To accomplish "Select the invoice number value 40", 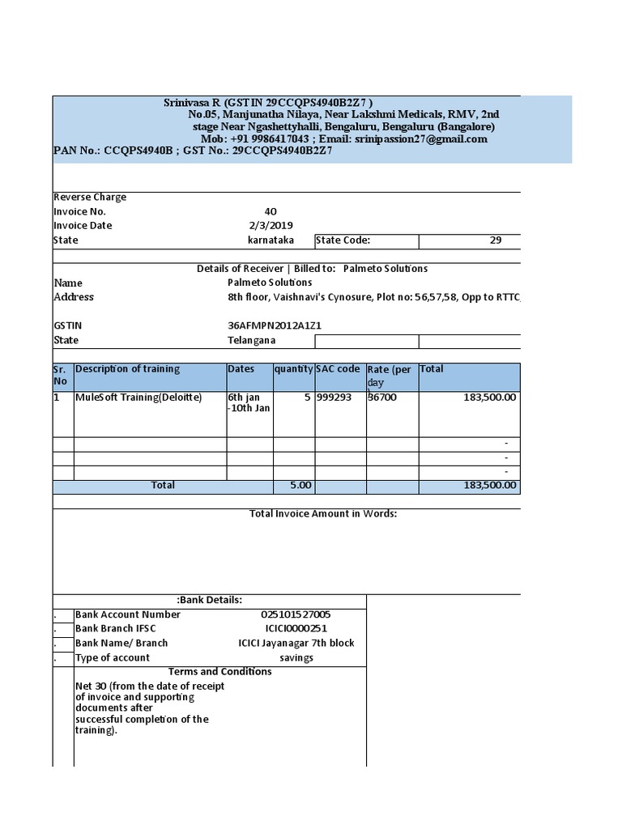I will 271,211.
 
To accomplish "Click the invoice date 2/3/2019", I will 271,226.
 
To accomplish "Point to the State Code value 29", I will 496,240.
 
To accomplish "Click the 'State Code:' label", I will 343,240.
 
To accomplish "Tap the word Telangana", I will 252,340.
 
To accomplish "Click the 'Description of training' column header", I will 127,369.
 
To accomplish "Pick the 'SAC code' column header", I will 338,369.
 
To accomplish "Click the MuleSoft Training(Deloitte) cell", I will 138,397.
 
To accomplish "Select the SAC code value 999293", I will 334,397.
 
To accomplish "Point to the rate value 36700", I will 382,397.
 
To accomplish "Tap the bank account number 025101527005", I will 296,614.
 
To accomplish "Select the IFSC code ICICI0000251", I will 296,629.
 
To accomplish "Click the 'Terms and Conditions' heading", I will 219,672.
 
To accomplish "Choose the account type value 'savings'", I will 296,658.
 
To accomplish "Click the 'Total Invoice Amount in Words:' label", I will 322,514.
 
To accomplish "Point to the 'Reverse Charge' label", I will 90,198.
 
